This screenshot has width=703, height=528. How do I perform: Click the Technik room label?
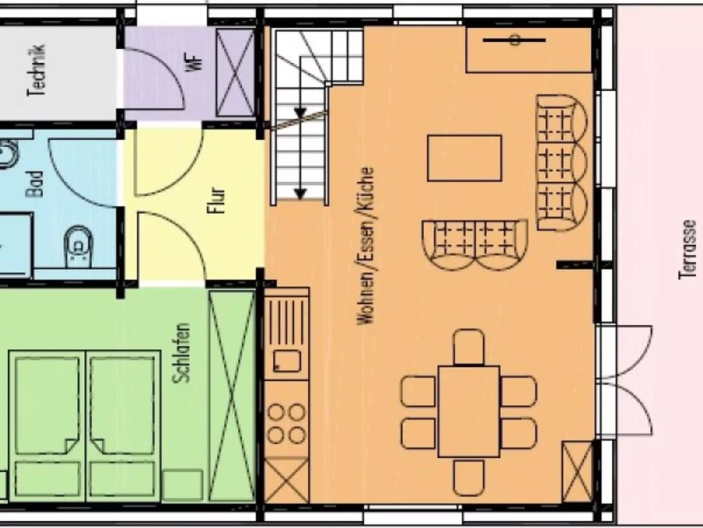click(x=37, y=71)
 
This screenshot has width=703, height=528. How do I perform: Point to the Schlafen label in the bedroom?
click(x=182, y=353)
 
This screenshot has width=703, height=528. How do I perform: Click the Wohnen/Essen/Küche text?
click(x=366, y=246)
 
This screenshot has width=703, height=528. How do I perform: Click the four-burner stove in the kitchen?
click(x=286, y=424)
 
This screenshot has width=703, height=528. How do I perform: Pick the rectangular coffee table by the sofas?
click(x=464, y=158)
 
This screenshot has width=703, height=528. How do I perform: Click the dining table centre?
click(x=469, y=411)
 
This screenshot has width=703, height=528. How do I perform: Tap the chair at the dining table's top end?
click(x=469, y=347)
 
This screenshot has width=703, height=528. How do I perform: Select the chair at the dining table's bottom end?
click(x=469, y=478)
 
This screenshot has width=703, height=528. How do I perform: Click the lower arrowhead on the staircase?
click(x=300, y=193)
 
